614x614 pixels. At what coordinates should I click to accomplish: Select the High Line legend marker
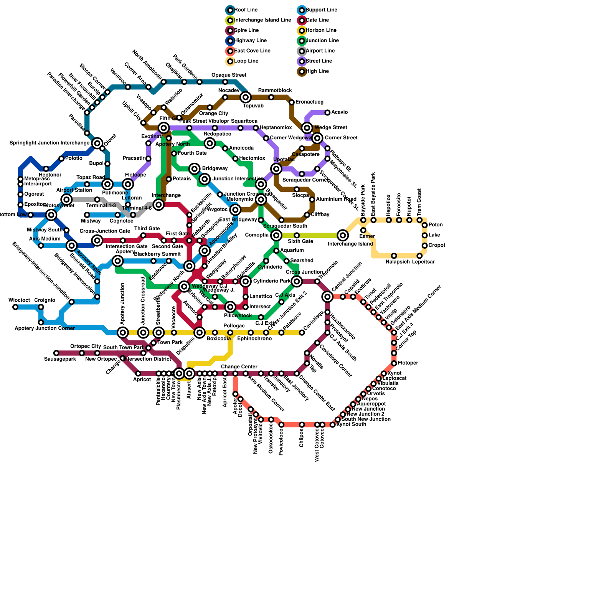302,71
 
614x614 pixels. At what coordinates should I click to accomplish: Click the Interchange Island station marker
343,235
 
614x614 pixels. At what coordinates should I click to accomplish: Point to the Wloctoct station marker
15,307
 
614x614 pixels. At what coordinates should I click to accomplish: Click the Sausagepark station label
60,359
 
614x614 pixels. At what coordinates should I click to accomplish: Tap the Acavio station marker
327,112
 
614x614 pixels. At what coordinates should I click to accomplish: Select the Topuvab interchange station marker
246,97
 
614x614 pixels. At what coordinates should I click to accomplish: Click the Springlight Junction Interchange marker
97,143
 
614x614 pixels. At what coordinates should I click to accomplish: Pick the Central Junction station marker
327,297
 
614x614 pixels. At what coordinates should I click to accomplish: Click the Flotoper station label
408,363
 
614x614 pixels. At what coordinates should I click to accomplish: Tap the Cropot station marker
425,246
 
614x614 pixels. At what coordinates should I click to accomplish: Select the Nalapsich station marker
394,256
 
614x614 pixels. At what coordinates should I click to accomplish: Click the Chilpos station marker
302,425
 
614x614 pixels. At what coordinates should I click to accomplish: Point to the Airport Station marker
67,200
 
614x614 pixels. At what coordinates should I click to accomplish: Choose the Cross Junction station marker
297,281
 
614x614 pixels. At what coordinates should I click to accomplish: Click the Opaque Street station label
229,75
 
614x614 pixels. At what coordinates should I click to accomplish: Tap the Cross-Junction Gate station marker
97,241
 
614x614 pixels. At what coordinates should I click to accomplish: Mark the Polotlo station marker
61,158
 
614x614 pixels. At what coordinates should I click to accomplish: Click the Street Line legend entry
319,61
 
